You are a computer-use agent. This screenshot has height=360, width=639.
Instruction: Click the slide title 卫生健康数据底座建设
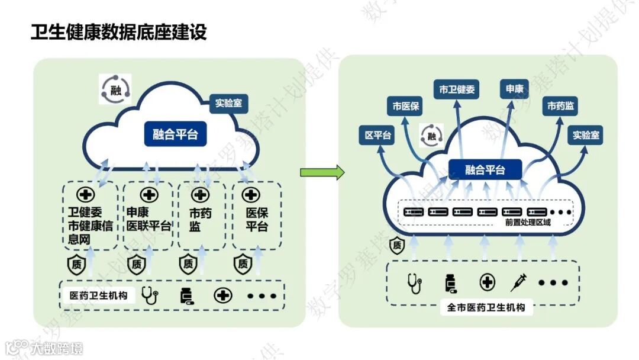(x=119, y=32)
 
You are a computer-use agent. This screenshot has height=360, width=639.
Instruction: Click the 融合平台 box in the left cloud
(x=175, y=134)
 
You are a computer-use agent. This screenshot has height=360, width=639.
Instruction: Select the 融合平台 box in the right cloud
(x=485, y=170)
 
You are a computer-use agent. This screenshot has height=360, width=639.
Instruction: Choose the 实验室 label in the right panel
(x=586, y=135)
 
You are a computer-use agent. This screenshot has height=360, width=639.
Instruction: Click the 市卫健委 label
(x=456, y=89)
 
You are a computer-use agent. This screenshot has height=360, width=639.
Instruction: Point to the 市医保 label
(x=406, y=107)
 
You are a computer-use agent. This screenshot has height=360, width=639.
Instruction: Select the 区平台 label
(x=378, y=136)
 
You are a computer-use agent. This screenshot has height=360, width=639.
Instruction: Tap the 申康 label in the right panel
(x=514, y=89)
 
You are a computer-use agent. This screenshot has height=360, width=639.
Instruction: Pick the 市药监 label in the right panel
(x=560, y=107)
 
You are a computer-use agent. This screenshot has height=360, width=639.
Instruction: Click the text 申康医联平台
(x=149, y=219)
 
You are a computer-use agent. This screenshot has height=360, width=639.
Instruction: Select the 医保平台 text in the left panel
(x=256, y=219)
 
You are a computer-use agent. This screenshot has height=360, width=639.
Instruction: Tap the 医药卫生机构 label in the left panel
(x=99, y=295)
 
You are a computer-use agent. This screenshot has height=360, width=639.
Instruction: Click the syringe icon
(x=519, y=282)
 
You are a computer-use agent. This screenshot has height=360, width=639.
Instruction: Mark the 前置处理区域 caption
(x=528, y=223)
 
